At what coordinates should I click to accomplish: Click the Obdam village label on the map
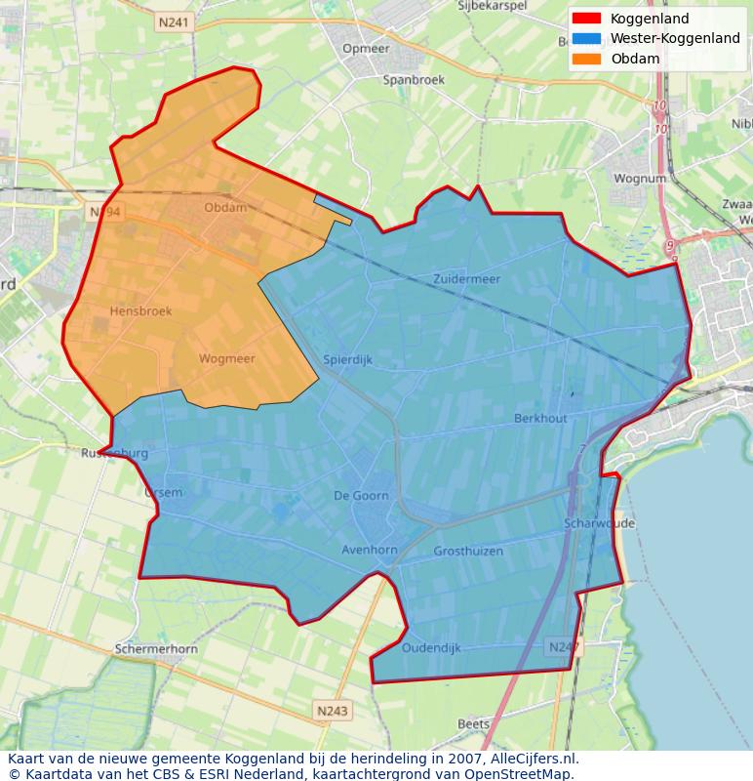[x=225, y=207]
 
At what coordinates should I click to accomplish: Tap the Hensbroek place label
[x=140, y=311]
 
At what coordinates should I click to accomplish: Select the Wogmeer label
[x=226, y=358]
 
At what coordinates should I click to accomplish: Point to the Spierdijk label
[x=347, y=359]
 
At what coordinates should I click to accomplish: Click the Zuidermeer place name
[x=466, y=279]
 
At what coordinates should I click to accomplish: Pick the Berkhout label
[x=540, y=418]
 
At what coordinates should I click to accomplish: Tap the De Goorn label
[x=361, y=495]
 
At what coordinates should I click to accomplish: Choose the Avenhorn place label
[x=369, y=550]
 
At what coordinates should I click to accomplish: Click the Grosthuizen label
[x=468, y=551]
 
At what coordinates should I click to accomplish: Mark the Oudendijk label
[x=430, y=647]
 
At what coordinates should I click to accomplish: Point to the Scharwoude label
[x=599, y=523]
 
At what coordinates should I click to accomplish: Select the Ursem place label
[x=163, y=492]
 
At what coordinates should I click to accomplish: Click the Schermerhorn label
[x=156, y=648]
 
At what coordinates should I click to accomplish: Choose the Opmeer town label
[x=367, y=48]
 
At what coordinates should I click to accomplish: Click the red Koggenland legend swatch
[x=587, y=19]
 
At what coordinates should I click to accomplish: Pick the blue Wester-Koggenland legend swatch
[x=587, y=38]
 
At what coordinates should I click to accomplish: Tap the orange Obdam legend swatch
[x=587, y=59]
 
